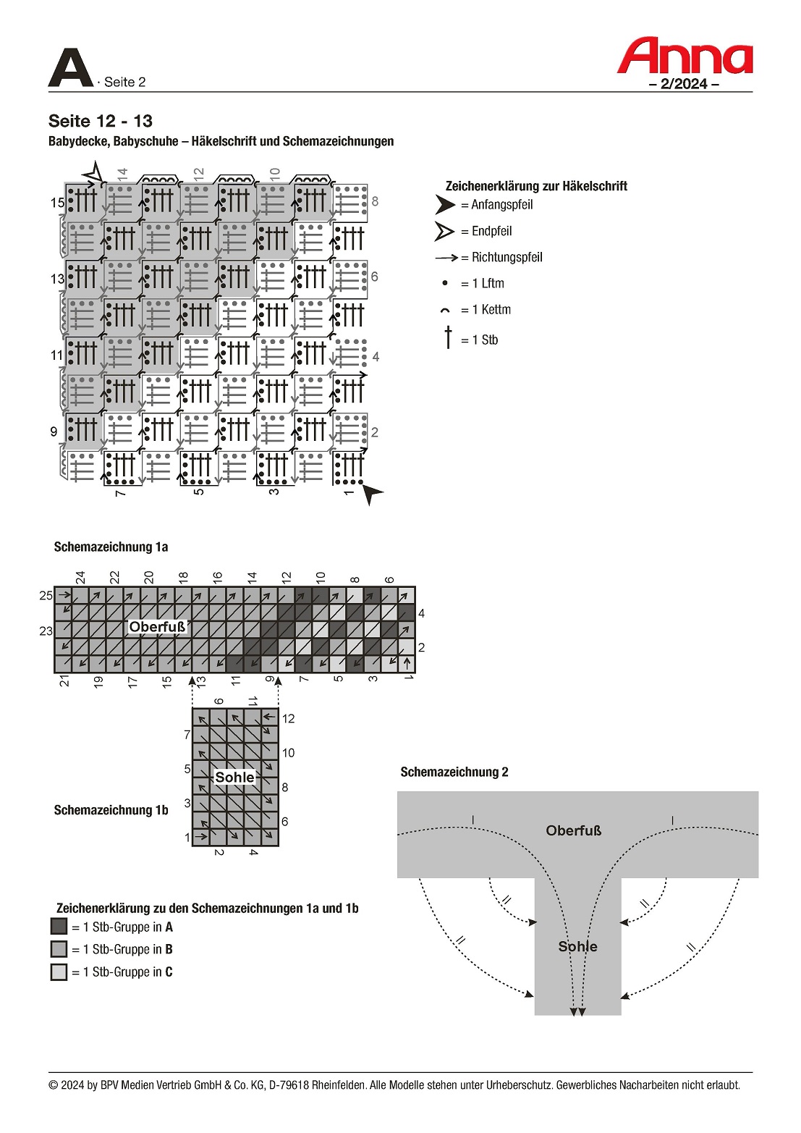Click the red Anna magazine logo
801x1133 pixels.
tap(685, 56)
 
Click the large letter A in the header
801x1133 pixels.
tap(70, 69)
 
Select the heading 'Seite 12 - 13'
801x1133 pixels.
tap(101, 121)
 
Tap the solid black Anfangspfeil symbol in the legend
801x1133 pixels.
tap(444, 205)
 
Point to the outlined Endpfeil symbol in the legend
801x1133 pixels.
tap(444, 232)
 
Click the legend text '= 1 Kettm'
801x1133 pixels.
tap(486, 310)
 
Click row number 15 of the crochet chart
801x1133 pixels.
tap(57, 203)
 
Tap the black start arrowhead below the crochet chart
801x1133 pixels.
tap(372, 494)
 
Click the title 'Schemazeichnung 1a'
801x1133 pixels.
tap(111, 547)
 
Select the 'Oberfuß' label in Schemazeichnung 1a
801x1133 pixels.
tap(157, 627)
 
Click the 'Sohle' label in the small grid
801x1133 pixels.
tap(235, 778)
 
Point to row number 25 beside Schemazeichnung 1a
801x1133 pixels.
tap(46, 596)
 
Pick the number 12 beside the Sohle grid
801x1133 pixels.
tap(288, 719)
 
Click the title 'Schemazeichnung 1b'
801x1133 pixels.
tap(111, 810)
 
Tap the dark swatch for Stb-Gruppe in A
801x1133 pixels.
tap(59, 927)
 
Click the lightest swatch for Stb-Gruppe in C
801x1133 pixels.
tap(59, 972)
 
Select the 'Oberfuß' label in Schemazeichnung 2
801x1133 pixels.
tap(574, 831)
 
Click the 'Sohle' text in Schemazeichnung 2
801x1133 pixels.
tap(577, 947)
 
